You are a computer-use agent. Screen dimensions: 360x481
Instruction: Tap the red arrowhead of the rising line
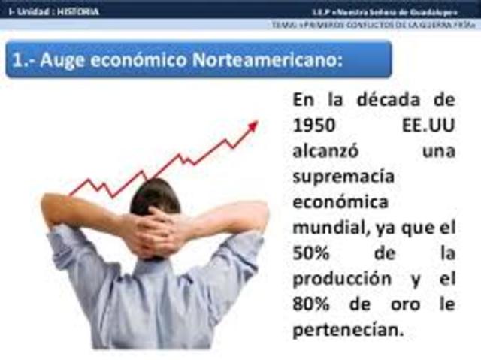253,126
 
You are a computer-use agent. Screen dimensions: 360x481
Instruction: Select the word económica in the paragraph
340,203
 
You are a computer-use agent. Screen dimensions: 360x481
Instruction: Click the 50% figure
310,253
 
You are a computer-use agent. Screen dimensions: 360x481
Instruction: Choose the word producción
342,279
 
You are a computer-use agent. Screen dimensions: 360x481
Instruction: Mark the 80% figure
310,304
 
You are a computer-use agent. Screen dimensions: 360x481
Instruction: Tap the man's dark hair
155,198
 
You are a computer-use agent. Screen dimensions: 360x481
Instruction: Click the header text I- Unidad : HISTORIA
53,11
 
